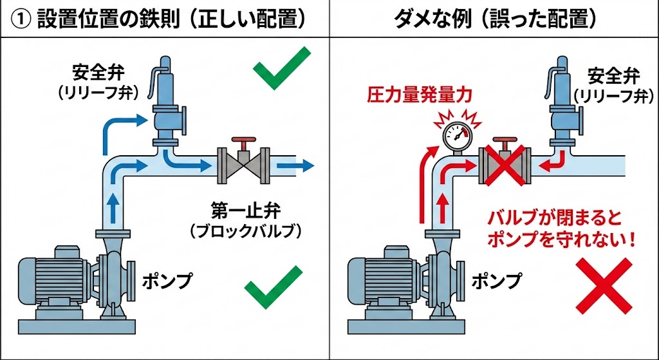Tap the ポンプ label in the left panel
point(167,281)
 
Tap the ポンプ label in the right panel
point(497,281)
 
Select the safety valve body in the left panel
point(166,106)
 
